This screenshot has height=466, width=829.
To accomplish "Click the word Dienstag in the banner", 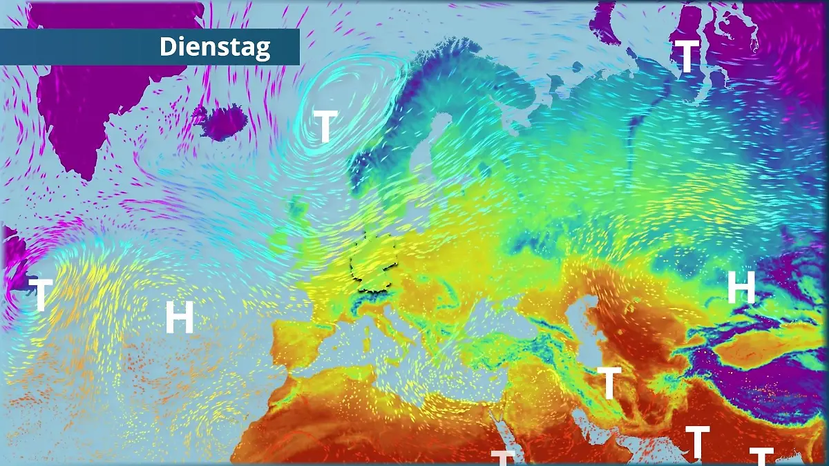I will [x=215, y=47].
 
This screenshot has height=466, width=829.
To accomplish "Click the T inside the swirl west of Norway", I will [x=325, y=126].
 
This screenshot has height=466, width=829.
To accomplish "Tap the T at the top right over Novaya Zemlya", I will [x=687, y=56].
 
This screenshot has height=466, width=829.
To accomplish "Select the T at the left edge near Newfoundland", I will [x=40, y=294].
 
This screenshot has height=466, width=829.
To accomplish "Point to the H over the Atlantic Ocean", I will [x=179, y=318].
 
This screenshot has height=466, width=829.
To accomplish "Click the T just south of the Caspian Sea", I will [x=609, y=383].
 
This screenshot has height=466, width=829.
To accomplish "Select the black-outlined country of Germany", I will [x=374, y=263].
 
